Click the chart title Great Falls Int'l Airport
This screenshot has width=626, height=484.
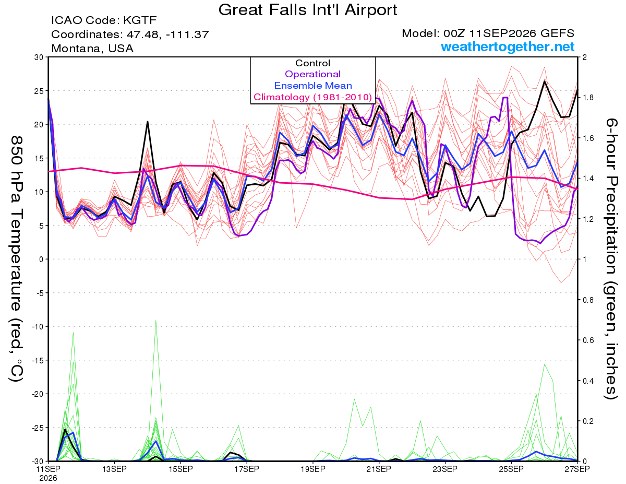pos(307,10)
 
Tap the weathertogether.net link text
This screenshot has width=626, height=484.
pos(507,47)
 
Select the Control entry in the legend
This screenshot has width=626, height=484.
pos(312,63)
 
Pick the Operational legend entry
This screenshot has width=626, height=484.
pos(312,74)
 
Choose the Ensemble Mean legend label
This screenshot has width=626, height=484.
pos(313,86)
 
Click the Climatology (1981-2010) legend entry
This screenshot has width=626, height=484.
pos(312,97)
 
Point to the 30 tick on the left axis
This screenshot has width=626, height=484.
pos(39,57)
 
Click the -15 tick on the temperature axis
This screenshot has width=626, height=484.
pos(38,360)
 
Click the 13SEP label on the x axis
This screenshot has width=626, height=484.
pos(114,469)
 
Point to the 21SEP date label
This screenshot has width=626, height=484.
pos(379,469)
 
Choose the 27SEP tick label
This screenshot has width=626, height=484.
pos(577,469)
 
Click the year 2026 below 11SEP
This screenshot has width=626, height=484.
pos(48,479)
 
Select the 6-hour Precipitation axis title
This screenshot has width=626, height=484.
pos(611,259)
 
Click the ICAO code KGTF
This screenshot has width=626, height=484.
pos(140,20)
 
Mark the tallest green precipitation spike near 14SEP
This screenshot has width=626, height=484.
pos(155,320)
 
